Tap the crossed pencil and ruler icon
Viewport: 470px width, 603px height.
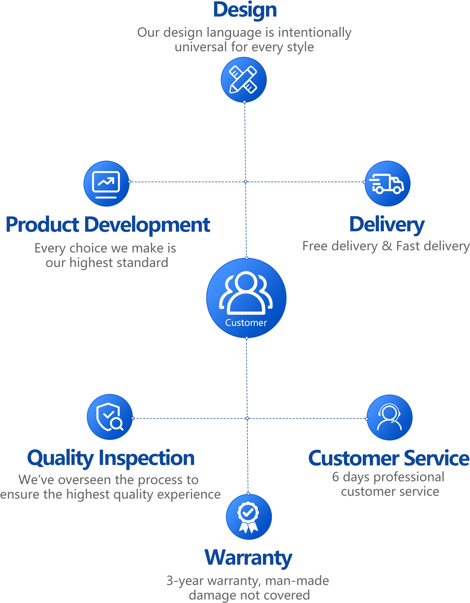pos(243,80)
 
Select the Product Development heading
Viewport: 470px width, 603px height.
pos(108,225)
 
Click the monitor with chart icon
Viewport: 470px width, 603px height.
pos(106,183)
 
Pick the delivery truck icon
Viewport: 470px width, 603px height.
pos(387,183)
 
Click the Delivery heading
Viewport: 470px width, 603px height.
pos(387,225)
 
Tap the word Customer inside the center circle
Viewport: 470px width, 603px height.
pos(246,323)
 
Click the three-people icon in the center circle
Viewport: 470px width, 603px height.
pos(246,293)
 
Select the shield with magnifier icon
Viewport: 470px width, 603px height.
pos(110,417)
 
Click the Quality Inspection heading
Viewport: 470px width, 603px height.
pos(111,458)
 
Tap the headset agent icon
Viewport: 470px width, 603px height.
pos(389,417)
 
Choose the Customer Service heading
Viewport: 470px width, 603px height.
pos(389,458)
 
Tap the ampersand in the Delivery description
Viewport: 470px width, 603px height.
pos(387,246)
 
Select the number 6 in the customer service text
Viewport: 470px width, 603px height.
pos(335,477)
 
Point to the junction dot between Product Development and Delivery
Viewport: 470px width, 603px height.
pos(246,182)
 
